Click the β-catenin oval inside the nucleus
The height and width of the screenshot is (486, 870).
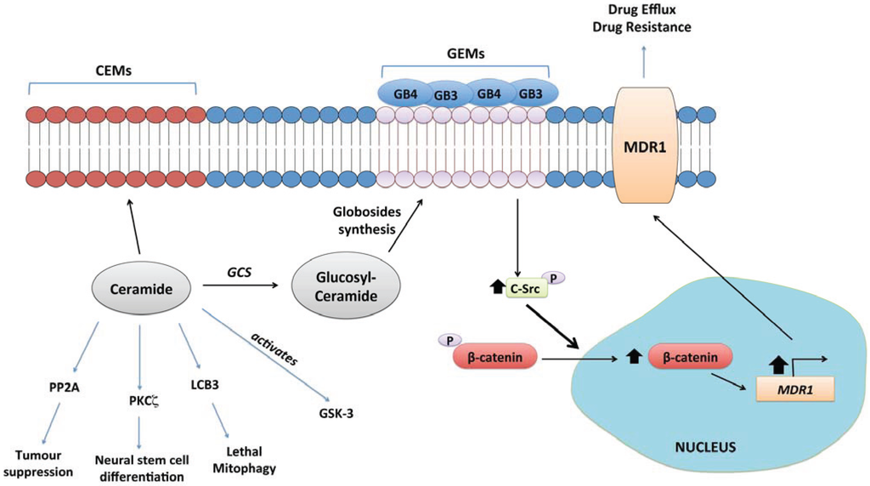691,358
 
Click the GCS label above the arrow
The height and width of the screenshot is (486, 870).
239,270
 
